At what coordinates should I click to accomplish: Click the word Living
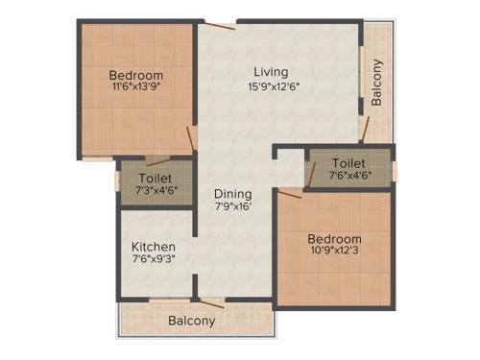270,72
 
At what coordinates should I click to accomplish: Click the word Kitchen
154,247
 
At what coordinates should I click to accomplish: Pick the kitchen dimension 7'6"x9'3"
154,259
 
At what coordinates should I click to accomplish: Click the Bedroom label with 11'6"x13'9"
135,75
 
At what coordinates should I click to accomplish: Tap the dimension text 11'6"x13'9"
135,88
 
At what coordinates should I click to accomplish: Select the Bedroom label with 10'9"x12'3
334,239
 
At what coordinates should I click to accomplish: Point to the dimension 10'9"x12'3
334,252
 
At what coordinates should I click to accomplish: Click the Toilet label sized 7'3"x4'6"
155,179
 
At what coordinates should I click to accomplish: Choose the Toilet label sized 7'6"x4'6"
348,163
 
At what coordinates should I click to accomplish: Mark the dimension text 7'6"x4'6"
348,176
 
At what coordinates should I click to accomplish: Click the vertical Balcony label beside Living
377,83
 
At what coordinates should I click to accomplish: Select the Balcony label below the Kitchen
192,321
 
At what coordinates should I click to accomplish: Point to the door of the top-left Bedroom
191,137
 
